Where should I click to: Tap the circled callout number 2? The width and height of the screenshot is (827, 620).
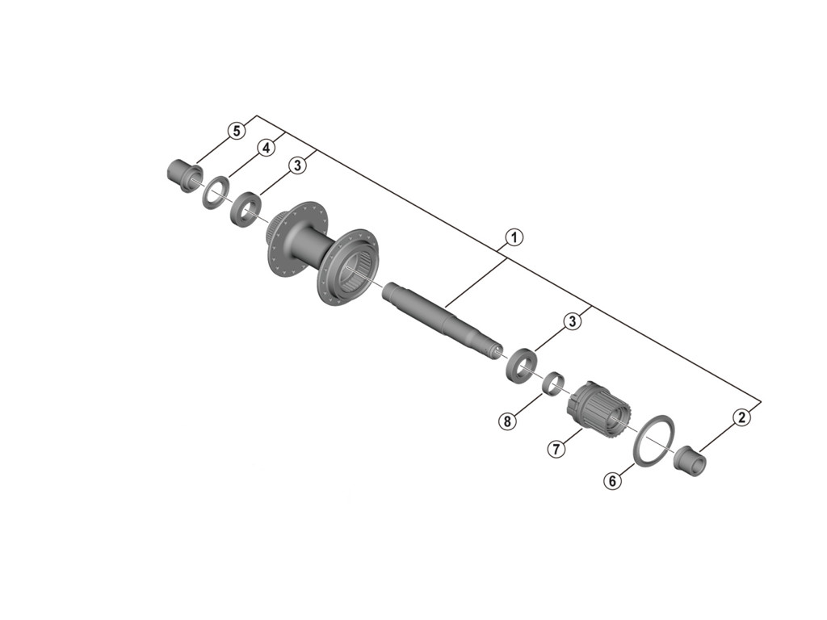tap(741, 417)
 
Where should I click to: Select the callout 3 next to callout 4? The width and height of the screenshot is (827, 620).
tap(297, 165)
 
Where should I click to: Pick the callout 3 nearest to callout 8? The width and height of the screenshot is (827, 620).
tap(572, 321)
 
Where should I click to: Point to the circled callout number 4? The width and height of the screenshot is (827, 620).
tap(264, 148)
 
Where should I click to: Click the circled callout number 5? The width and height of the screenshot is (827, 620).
tap(236, 131)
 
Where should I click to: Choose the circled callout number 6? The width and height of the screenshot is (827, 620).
tap(612, 481)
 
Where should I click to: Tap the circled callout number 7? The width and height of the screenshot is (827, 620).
tap(556, 449)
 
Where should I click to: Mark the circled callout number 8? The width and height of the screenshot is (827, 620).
tap(506, 421)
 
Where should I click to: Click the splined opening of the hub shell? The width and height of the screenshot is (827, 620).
tap(355, 270)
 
